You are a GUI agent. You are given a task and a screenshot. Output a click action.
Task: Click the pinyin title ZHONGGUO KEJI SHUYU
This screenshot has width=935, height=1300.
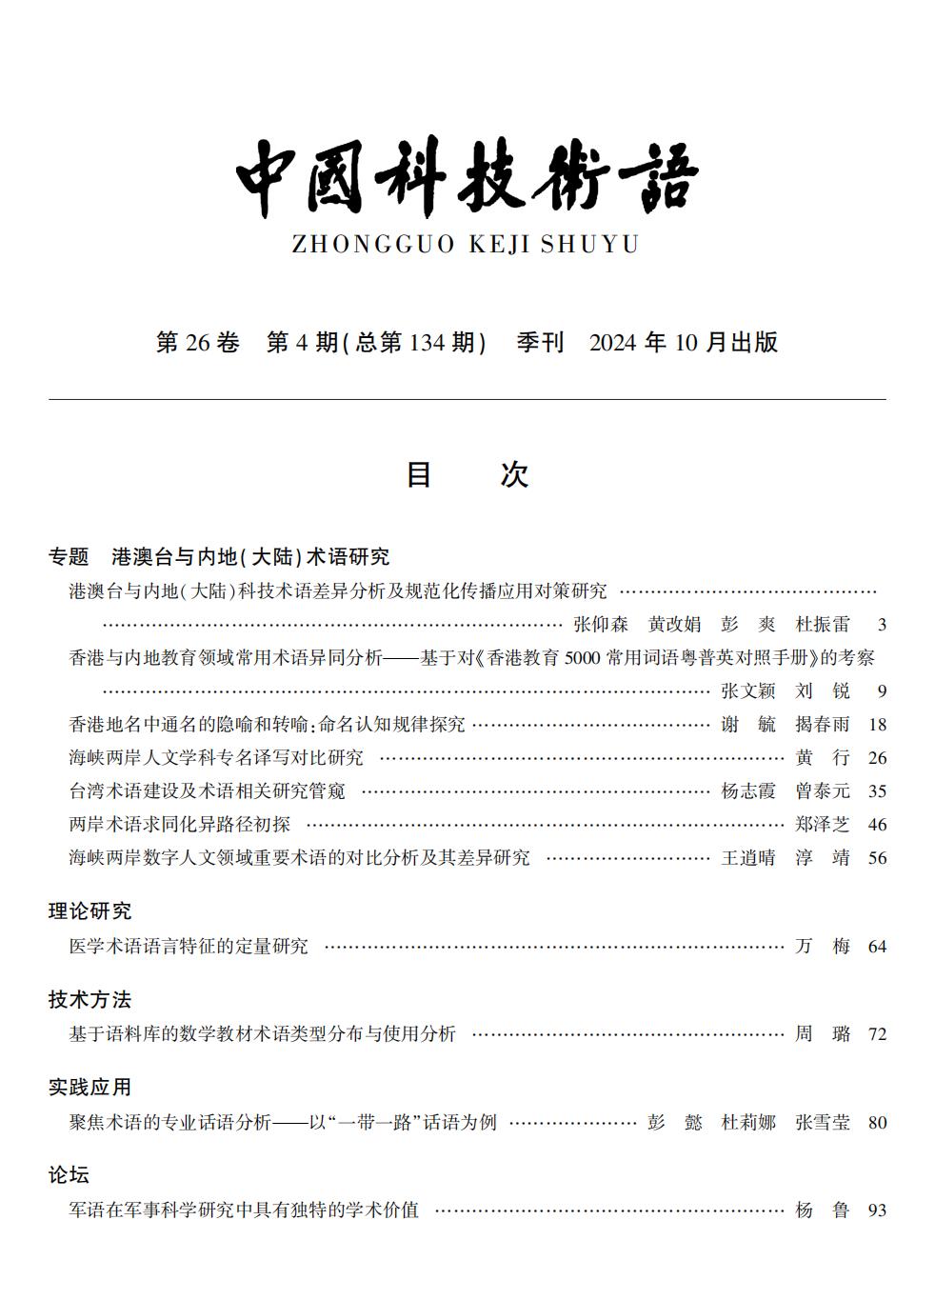pyautogui.click(x=465, y=245)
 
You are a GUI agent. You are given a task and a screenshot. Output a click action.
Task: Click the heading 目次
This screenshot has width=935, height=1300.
pyautogui.click(x=467, y=474)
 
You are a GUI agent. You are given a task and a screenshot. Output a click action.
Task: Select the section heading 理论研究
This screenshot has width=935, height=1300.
pyautogui.click(x=90, y=911)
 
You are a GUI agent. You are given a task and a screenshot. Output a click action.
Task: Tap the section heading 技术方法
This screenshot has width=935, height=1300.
pyautogui.click(x=90, y=999)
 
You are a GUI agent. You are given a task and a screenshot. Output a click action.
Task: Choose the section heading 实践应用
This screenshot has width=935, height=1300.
pyautogui.click(x=90, y=1087)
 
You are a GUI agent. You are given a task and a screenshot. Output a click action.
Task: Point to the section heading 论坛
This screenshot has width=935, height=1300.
pyautogui.click(x=69, y=1175)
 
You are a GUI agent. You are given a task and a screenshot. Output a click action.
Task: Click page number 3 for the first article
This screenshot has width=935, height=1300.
pyautogui.click(x=882, y=625)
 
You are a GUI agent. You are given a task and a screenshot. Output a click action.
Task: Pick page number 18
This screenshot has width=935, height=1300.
pyautogui.click(x=877, y=725)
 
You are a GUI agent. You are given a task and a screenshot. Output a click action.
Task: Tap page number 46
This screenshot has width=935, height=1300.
pyautogui.click(x=877, y=825)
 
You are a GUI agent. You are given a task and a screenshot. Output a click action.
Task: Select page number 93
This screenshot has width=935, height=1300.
pyautogui.click(x=877, y=1210)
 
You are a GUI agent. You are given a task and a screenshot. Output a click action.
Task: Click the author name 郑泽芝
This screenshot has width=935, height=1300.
pyautogui.click(x=822, y=825)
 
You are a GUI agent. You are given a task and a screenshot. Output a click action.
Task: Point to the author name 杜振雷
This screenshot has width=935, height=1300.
pyautogui.click(x=822, y=625)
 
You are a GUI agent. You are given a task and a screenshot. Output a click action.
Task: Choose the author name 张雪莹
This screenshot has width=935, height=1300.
pyautogui.click(x=822, y=1123)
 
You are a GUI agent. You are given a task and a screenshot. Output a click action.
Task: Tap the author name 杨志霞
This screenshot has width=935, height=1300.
pyautogui.click(x=748, y=791)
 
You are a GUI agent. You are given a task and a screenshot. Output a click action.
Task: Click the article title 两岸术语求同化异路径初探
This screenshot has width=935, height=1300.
pyautogui.click(x=180, y=825)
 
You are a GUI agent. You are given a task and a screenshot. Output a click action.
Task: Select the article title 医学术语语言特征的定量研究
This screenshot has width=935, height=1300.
pyautogui.click(x=189, y=947)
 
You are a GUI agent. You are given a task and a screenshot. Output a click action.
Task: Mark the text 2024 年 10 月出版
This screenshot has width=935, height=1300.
pyautogui.click(x=684, y=343)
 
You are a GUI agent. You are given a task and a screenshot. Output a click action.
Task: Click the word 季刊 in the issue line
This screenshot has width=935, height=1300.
pyautogui.click(x=540, y=343)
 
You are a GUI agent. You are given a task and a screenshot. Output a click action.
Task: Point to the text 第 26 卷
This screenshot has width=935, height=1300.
pyautogui.click(x=197, y=343)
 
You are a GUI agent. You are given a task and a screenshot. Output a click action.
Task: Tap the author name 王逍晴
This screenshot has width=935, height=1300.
pyautogui.click(x=748, y=858)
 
